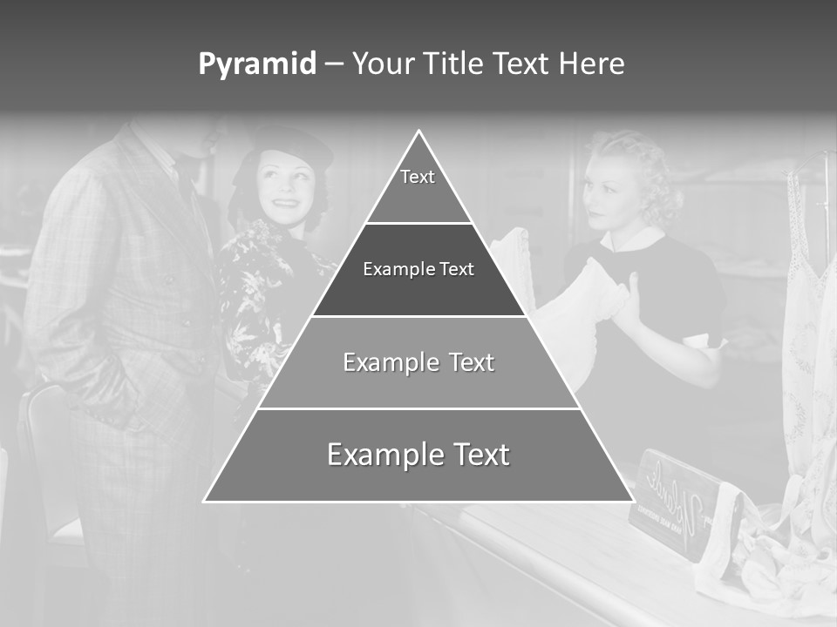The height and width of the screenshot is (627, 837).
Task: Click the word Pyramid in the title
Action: [256, 64]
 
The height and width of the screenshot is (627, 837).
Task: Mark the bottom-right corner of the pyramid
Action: [632, 501]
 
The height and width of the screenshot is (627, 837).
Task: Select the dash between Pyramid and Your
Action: [334, 64]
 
